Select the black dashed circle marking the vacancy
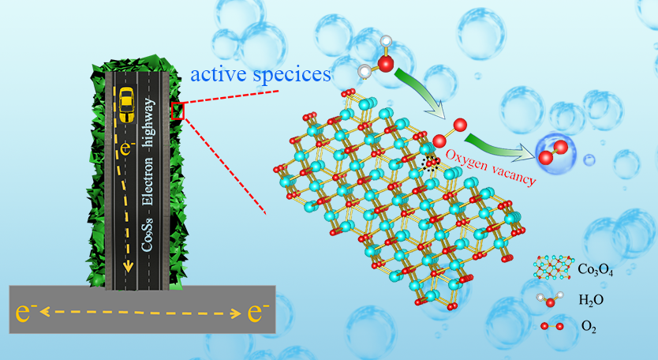pyautogui.click(x=431, y=163)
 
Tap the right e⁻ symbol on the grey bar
pyautogui.click(x=254, y=313)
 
